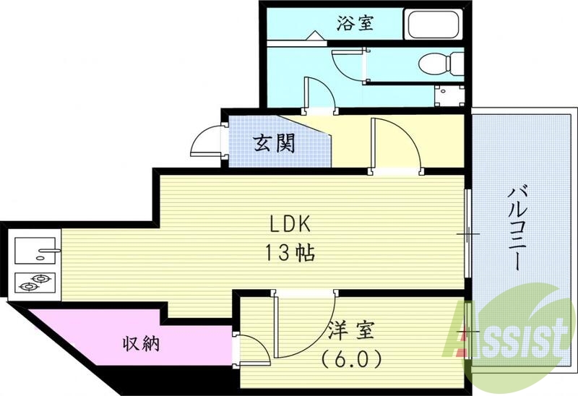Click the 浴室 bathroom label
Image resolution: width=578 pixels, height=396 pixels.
(354, 23)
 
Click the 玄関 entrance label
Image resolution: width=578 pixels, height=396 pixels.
(274, 143)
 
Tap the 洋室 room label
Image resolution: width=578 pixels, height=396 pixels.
(352, 332)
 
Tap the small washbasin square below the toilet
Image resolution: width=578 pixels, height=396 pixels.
(450, 95)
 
